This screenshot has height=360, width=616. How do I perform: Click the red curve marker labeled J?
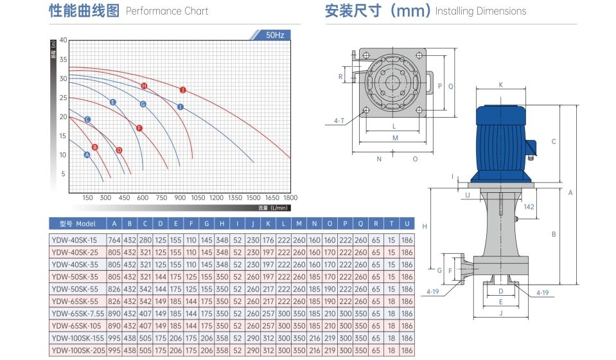pyautogui.click(x=183, y=89)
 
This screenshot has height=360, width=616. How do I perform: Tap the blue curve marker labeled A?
pyautogui.click(x=87, y=155)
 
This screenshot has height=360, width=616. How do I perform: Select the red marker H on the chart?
pyautogui.click(x=144, y=85)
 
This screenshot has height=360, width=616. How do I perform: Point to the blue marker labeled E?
pyautogui.click(x=113, y=102)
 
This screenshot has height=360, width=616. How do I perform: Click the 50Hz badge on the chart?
pyautogui.click(x=274, y=35)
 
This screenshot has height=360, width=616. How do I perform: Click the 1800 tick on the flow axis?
pyautogui.click(x=291, y=198)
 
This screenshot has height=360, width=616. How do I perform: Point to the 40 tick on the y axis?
pyautogui.click(x=63, y=40)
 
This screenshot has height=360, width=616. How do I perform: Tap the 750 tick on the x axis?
pyautogui.click(x=161, y=198)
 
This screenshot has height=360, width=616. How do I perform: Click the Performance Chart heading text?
pyautogui.click(x=167, y=11)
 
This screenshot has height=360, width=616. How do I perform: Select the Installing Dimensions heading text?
pyautogui.click(x=480, y=11)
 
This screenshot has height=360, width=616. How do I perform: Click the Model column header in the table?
pyautogui.click(x=77, y=224)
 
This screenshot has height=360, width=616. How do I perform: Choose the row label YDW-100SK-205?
pyautogui.click(x=77, y=350)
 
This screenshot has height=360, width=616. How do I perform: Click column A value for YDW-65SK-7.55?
pyautogui.click(x=114, y=314)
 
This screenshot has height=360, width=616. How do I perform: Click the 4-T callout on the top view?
pyautogui.click(x=340, y=120)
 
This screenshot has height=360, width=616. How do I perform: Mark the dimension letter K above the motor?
pyautogui.click(x=501, y=84)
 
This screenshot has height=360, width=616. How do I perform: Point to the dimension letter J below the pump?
pyautogui.click(x=501, y=314)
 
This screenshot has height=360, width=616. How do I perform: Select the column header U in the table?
pyautogui.click(x=407, y=224)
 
